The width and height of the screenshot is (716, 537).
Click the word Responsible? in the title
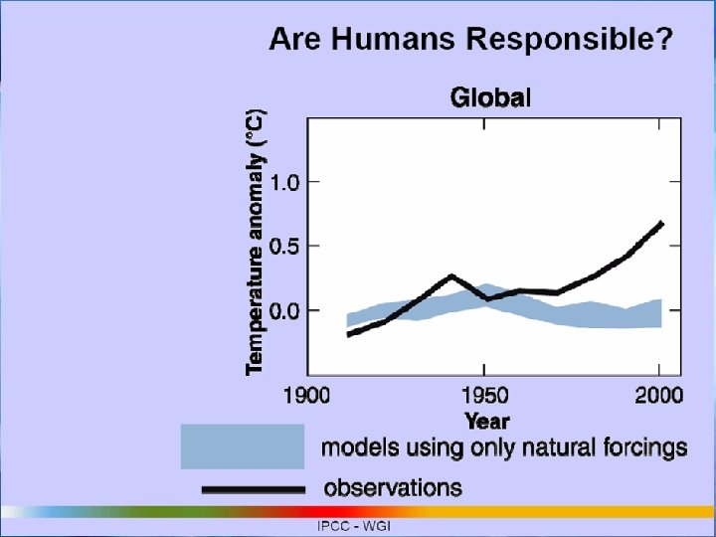point(571,42)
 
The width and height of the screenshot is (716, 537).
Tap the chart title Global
point(491,97)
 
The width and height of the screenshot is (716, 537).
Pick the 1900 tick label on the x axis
point(307,396)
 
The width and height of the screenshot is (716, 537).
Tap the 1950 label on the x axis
point(483,396)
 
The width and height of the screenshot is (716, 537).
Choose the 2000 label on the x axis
point(658,396)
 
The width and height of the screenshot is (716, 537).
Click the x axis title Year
point(487,421)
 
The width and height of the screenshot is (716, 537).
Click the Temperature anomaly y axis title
point(256,243)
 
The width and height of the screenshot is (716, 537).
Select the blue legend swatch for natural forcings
point(242,446)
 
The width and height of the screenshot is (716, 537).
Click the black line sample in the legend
point(253,489)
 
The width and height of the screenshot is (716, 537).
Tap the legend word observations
point(393,487)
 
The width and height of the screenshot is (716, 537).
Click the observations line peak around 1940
point(450,276)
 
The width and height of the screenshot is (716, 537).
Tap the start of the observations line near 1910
point(349,334)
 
